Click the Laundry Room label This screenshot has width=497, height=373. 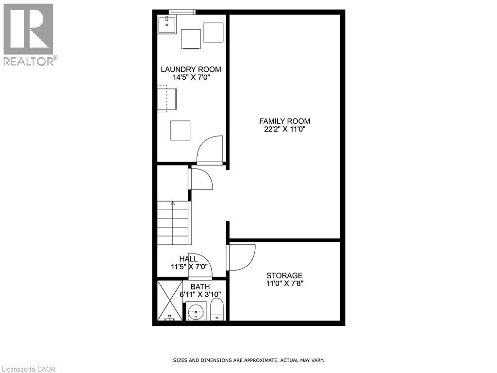point(191,69)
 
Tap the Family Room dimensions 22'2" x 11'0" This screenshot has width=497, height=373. point(284,129)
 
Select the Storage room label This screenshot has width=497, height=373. point(284,275)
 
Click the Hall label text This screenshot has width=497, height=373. point(188,259)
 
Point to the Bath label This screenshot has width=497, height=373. point(200,287)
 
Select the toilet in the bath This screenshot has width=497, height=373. point(216,310)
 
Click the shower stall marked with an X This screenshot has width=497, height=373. point(170,300)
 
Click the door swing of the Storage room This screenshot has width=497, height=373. point(240,257)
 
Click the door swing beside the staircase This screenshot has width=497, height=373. point(201,178)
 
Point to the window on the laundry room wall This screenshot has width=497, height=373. point(182,12)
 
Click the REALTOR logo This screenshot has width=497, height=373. point(29,34)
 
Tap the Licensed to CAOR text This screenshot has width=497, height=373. point(28,369)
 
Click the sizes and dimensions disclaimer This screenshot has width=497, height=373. point(248,360)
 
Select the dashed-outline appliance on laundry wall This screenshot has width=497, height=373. point(166,99)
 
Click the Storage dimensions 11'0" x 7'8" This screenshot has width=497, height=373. point(284,284)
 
